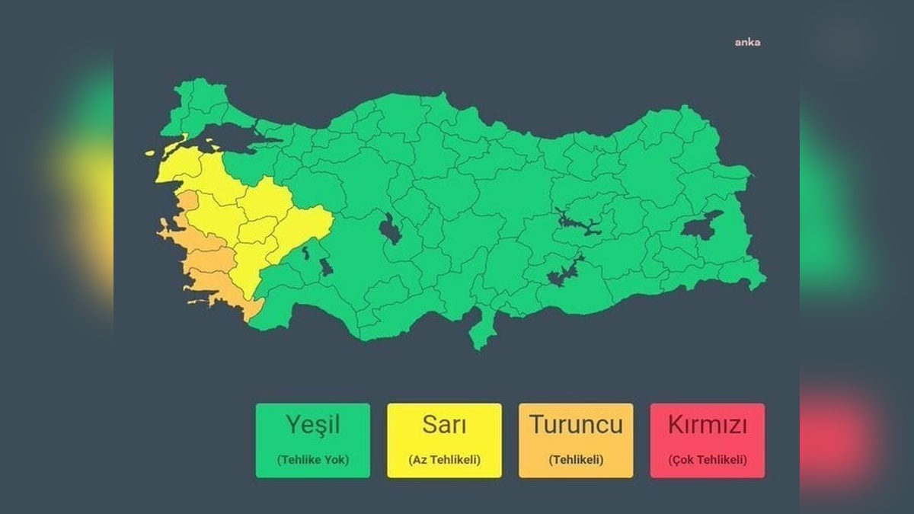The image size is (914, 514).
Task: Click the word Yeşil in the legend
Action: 312,424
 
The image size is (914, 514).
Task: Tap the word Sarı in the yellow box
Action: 444,424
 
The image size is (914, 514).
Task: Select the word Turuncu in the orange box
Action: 576,424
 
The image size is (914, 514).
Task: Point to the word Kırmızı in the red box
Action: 707,424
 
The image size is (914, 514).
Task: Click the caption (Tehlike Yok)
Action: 312,460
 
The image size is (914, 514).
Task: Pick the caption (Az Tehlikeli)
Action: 444,460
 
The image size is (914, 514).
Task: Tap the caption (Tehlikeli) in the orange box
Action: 576,460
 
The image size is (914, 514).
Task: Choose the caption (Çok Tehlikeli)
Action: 707,460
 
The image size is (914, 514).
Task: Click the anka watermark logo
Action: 747,42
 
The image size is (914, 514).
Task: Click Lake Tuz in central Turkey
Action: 389,229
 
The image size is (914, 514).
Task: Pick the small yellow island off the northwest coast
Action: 150,153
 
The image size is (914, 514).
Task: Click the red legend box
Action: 707,440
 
